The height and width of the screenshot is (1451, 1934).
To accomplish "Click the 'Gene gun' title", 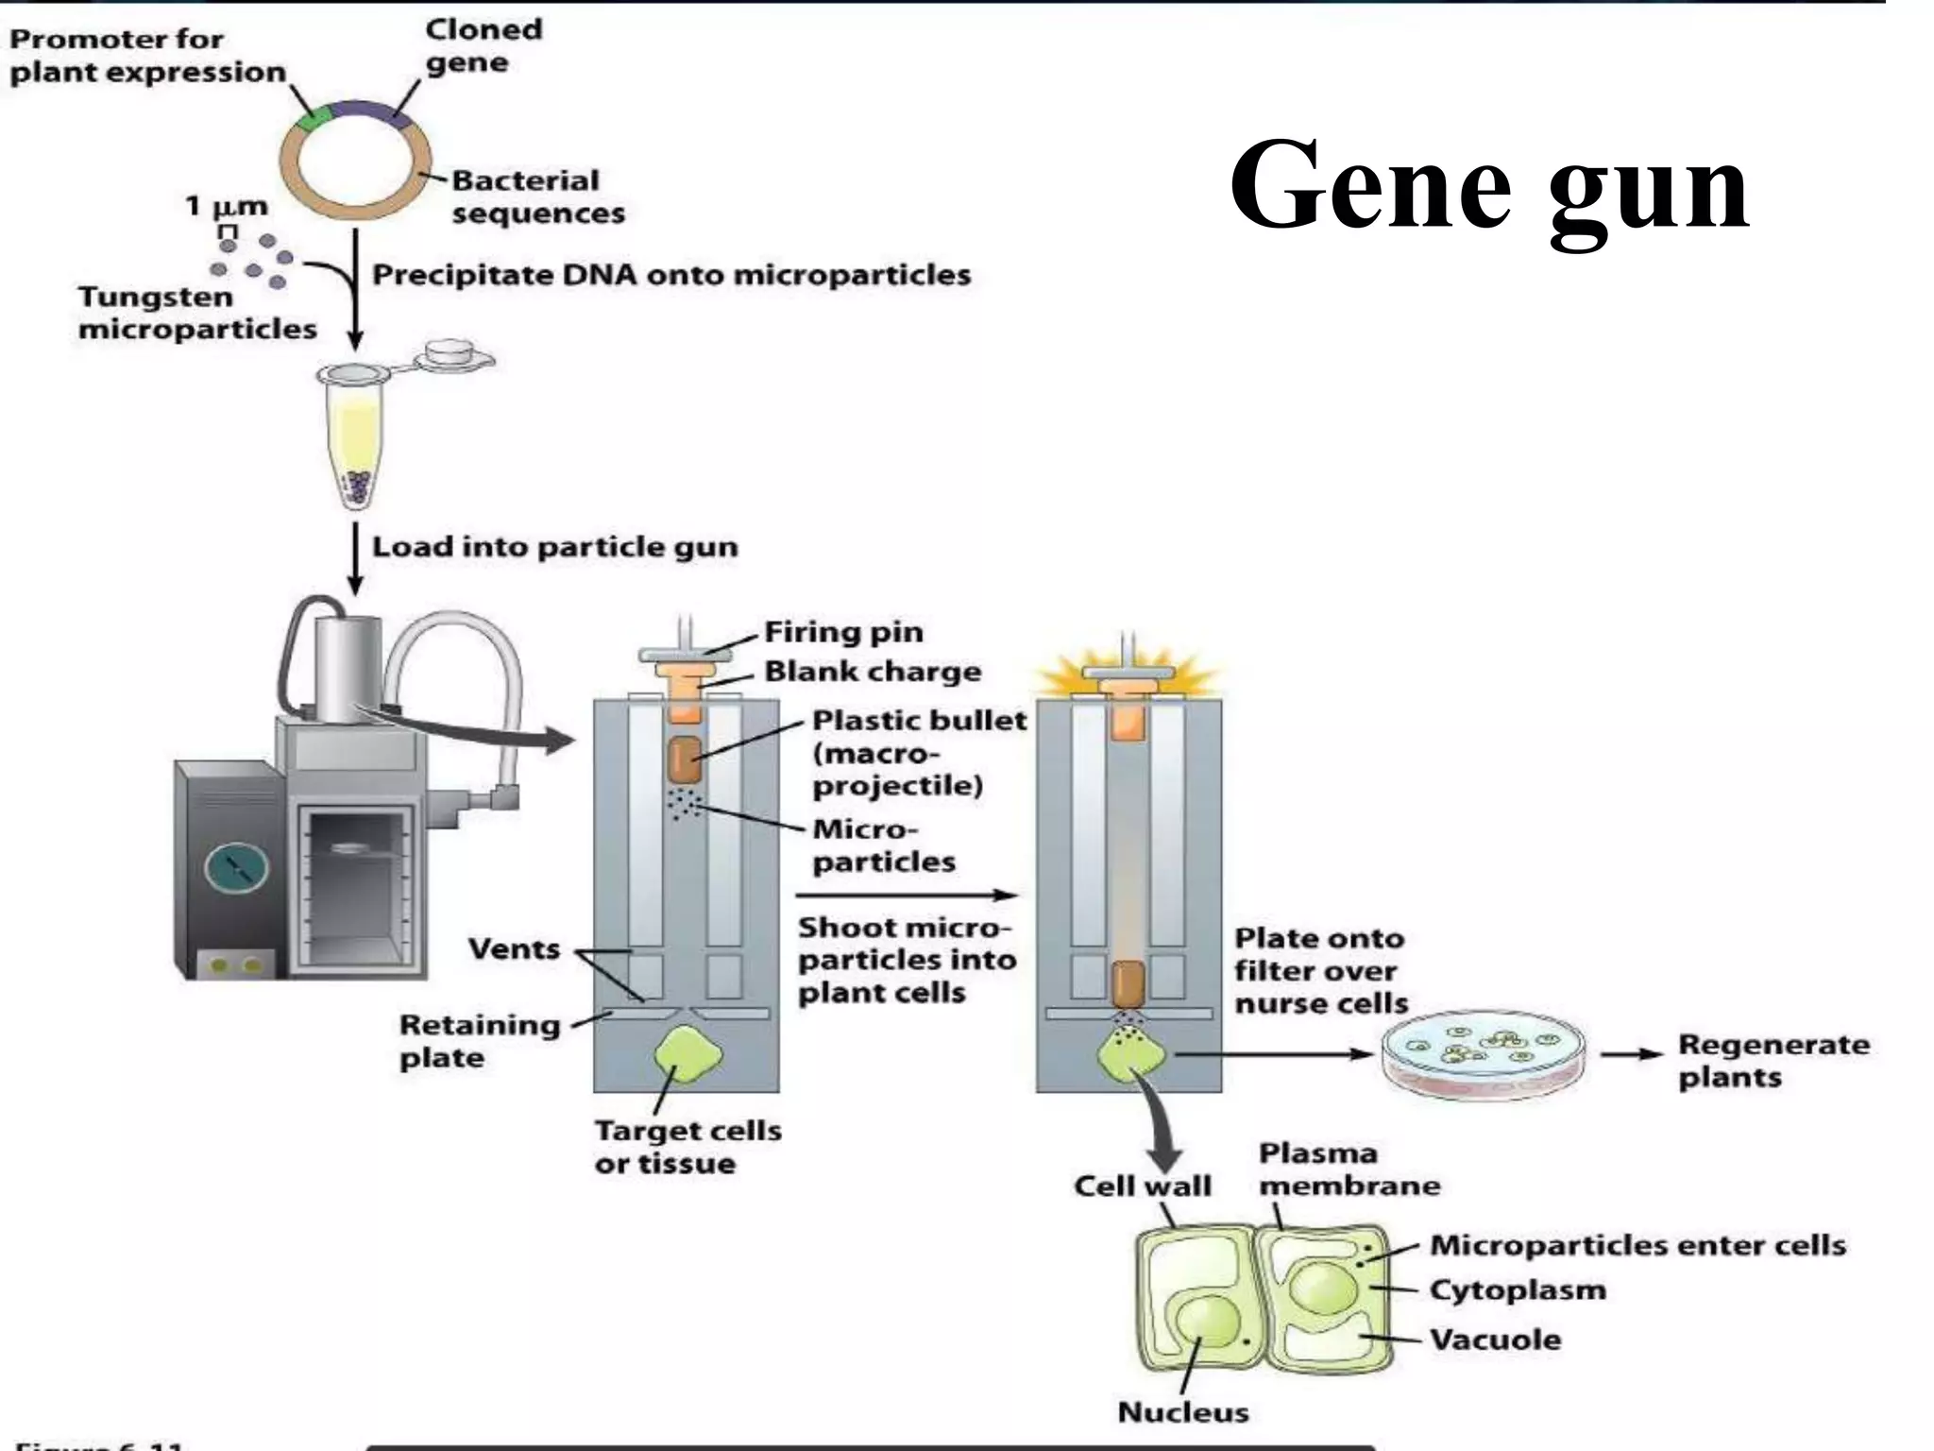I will click(1489, 185).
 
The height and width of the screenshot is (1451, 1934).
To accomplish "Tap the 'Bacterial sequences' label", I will click(537, 196).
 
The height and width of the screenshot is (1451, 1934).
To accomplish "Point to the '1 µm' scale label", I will click(226, 206).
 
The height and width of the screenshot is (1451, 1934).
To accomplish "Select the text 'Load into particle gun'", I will click(554, 547).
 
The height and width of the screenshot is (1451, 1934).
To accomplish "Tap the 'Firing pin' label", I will click(842, 631).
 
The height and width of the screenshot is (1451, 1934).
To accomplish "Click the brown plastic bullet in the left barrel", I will click(685, 760).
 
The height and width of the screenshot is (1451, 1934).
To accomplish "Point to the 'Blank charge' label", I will click(872, 672).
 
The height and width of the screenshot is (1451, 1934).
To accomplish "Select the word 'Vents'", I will click(514, 948).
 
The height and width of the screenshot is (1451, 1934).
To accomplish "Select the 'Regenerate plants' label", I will click(1772, 1061).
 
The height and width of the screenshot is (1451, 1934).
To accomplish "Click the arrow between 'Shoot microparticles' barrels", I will click(907, 896).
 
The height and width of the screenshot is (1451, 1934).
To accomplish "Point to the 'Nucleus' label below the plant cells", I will click(1182, 1411).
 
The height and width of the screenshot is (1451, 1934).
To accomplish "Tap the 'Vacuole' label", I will click(1494, 1340).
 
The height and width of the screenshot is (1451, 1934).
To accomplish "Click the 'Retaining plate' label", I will click(479, 1041).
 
